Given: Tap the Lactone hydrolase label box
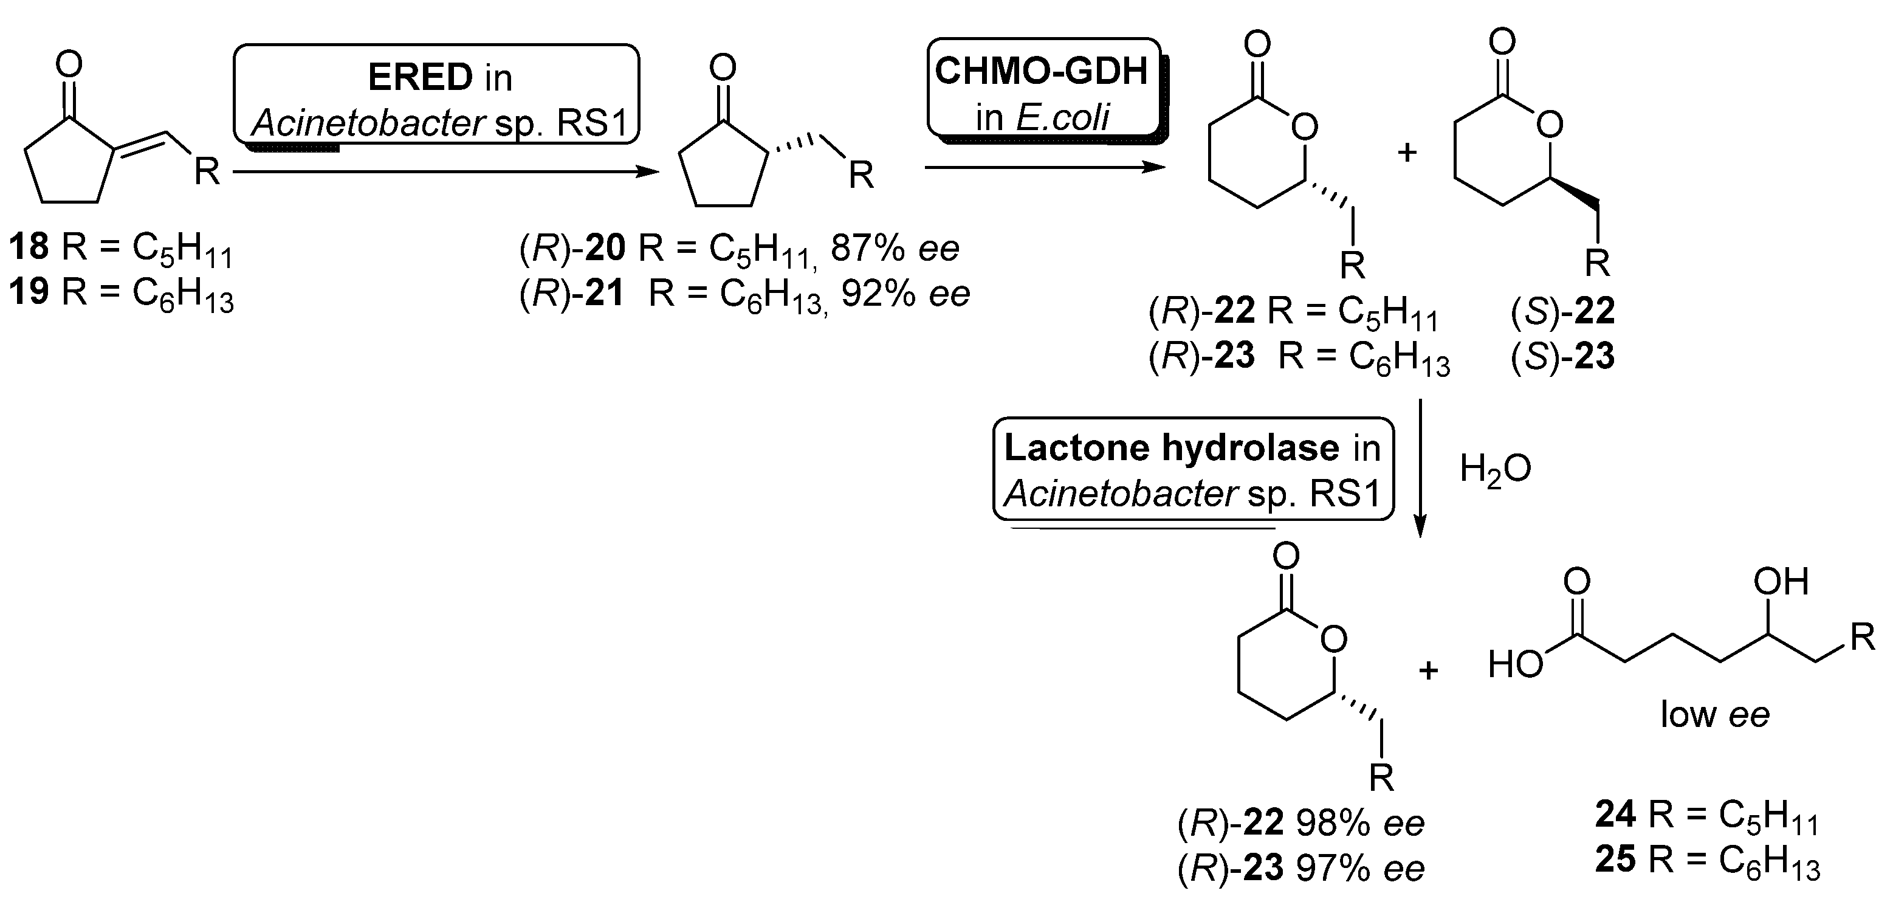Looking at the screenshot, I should pyautogui.click(x=1193, y=470).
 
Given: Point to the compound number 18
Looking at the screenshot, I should pyautogui.click(x=29, y=247).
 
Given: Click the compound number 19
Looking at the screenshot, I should pyautogui.click(x=29, y=292).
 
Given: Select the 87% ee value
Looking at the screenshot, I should pyautogui.click(x=895, y=249).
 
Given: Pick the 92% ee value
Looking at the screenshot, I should pyautogui.click(x=905, y=294).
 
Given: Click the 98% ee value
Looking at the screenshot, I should pyautogui.click(x=1359, y=823).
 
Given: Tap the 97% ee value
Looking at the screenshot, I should pyautogui.click(x=1359, y=869).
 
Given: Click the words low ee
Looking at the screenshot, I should pyautogui.click(x=1714, y=714).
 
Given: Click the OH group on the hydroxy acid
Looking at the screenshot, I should pyautogui.click(x=1780, y=582).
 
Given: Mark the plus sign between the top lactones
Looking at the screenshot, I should pyautogui.click(x=1406, y=154).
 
